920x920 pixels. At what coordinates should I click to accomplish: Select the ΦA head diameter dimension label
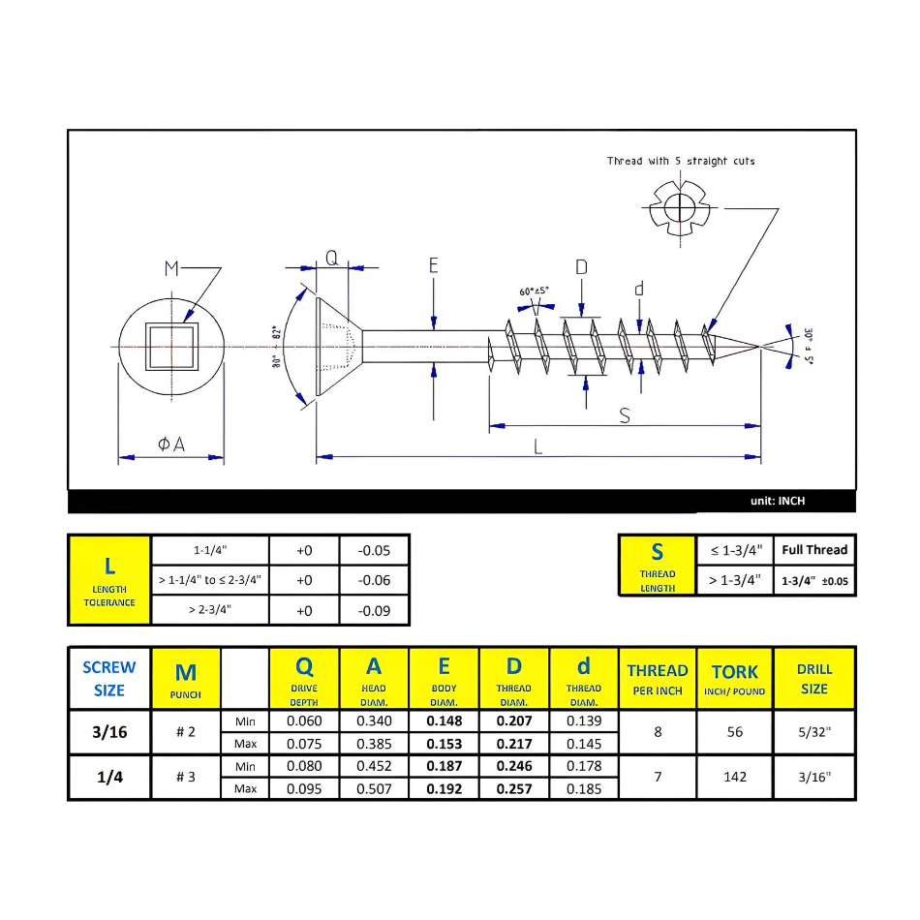[x=170, y=445]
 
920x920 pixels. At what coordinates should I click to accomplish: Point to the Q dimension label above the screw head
[x=331, y=259]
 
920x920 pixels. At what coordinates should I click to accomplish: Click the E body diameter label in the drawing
[x=434, y=264]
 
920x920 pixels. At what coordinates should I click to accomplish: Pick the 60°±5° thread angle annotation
[x=535, y=291]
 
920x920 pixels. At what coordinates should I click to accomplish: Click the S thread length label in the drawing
[x=625, y=415]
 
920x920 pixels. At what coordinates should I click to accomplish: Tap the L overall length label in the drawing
[x=538, y=446]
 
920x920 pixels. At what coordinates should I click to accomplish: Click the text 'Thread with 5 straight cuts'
[x=681, y=161]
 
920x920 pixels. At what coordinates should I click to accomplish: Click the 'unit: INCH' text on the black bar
[x=777, y=502]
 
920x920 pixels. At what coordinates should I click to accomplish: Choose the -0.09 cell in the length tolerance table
[x=374, y=610]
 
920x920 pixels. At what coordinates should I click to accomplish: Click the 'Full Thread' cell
[x=813, y=550]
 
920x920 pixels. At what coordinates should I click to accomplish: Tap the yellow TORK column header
[x=734, y=678]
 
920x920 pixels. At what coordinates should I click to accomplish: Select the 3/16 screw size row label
[x=108, y=732]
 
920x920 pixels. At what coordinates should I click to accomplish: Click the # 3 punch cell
[x=186, y=777]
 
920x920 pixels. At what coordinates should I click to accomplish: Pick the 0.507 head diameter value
[x=374, y=788]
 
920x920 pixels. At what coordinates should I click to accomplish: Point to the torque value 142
[x=734, y=777]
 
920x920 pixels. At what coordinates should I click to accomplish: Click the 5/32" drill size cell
[x=813, y=732]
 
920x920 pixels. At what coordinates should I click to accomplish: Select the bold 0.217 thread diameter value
[x=513, y=744]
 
